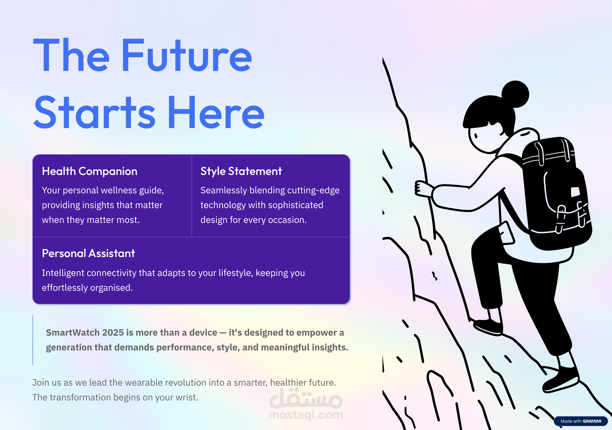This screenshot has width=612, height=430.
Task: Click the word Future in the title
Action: pyautogui.click(x=187, y=55)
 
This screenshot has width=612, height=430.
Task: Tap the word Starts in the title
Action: pyautogui.click(x=95, y=112)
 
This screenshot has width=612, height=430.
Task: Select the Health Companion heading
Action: pyautogui.click(x=90, y=171)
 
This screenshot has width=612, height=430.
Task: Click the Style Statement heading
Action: pyautogui.click(x=241, y=171)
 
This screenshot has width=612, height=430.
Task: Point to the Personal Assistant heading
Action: pyautogui.click(x=88, y=254)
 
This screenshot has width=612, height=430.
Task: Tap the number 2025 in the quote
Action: pyautogui.click(x=113, y=332)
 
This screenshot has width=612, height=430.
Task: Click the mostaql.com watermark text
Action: pyautogui.click(x=306, y=414)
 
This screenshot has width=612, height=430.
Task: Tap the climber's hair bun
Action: pyautogui.click(x=515, y=94)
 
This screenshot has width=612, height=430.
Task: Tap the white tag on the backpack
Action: pyautogui.click(x=575, y=191)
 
